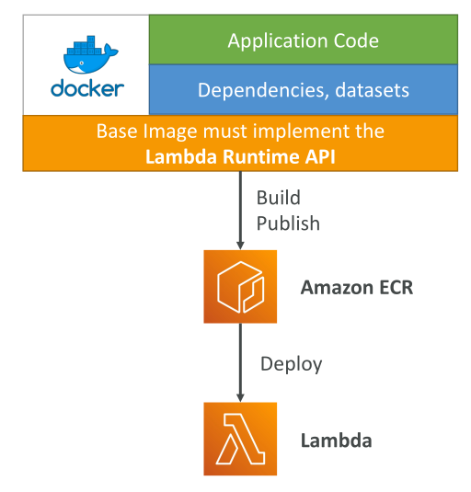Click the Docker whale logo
click(90, 55)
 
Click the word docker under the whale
click(87, 88)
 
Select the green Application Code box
click(304, 40)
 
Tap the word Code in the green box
click(356, 40)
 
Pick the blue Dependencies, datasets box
click(304, 90)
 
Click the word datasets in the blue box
click(373, 90)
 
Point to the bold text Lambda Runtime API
click(240, 156)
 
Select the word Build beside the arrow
click(279, 198)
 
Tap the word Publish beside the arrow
click(288, 223)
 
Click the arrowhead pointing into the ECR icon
click(240, 246)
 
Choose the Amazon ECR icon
click(240, 287)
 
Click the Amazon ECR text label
click(357, 288)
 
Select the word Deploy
click(292, 364)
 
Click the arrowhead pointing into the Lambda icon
click(240, 397)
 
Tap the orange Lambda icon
click(240, 439)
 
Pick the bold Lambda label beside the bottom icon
click(337, 441)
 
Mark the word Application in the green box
click(278, 41)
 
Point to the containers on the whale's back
click(85, 45)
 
